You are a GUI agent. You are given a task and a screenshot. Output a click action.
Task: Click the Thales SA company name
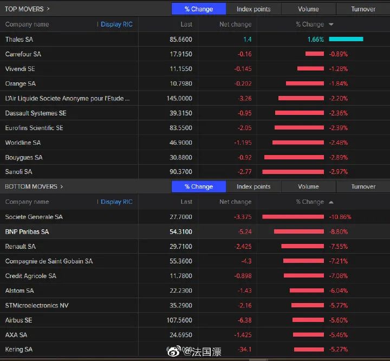pos(19,40)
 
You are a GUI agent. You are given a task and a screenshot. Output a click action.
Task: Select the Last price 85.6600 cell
pos(180,40)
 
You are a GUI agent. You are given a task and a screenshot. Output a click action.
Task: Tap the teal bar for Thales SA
pos(346,39)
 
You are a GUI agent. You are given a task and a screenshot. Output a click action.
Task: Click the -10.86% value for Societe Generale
pos(340,217)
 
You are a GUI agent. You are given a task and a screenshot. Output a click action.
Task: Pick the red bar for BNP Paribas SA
pos(299,231)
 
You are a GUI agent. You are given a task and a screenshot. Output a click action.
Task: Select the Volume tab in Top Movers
pos(308,9)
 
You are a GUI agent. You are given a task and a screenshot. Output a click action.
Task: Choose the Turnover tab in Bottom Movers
pos(363,186)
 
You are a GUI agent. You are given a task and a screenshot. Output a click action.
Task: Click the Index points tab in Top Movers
pos(253,9)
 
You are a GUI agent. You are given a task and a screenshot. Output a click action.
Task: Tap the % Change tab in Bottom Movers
pos(199,186)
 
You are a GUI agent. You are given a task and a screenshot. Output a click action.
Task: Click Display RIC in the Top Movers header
pos(116,24)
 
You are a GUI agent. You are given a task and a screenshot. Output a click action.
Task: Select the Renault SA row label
pos(21,246)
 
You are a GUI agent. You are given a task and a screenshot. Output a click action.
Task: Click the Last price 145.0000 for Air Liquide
pos(179,99)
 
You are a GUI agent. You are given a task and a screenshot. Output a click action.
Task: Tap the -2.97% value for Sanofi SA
pos(338,172)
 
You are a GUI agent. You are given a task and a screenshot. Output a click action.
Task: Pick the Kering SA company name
pos(19,350)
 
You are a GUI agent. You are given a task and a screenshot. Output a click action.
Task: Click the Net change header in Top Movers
pos(235,24)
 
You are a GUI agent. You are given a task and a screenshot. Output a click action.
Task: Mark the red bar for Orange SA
pos(304,83)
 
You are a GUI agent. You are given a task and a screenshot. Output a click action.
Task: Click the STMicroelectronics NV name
pos(37,305)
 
